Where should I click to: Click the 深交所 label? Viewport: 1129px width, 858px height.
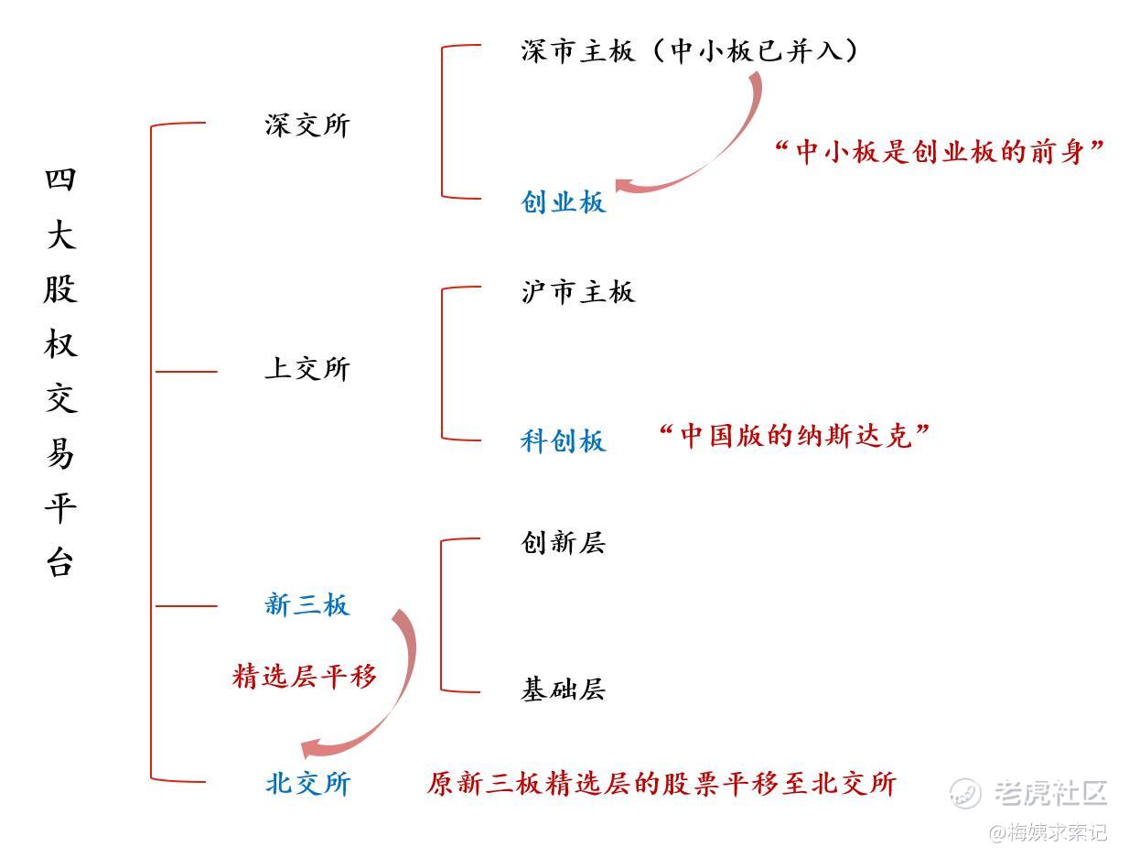point(307,125)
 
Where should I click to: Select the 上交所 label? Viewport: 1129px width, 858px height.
point(307,369)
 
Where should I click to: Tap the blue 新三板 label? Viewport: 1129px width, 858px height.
point(307,604)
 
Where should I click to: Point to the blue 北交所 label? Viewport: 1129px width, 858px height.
point(307,784)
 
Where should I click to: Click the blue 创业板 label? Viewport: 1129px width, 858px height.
point(564,201)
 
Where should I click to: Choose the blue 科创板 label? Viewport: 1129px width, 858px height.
point(564,440)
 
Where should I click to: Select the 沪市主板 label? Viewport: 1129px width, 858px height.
point(577,293)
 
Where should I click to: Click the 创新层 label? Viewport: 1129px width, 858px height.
point(564,543)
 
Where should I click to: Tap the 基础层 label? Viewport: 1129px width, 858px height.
point(564,690)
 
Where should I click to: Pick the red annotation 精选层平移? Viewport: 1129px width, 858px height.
point(305,677)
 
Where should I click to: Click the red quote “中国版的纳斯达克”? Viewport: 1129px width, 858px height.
point(794,436)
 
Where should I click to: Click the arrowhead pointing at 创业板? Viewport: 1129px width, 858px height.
point(628,186)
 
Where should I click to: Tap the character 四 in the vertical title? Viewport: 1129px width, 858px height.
point(60,179)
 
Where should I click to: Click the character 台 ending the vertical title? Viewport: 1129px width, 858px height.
point(60,561)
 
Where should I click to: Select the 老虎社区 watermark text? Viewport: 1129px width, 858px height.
point(1051,793)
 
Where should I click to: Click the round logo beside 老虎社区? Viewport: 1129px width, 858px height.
point(965,793)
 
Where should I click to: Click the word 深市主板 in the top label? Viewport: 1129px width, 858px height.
point(577,51)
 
